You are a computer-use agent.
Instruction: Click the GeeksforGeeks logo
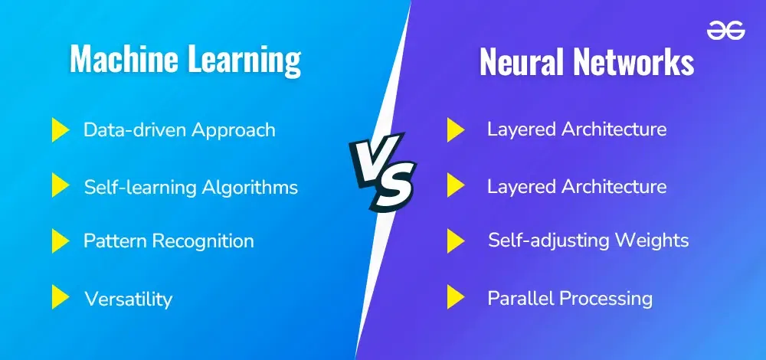click(725, 31)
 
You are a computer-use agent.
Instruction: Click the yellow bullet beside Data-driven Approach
click(60, 130)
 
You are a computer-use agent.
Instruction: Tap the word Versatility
click(128, 299)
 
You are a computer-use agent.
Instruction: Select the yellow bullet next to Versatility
click(60, 297)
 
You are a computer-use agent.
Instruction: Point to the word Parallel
click(521, 298)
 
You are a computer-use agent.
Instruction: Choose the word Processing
click(606, 299)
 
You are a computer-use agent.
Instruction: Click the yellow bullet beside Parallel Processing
click(455, 297)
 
